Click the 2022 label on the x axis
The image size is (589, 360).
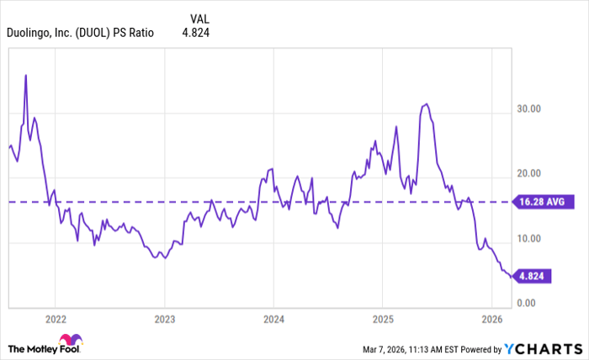[x=55, y=320]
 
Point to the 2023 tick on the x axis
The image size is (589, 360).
[x=164, y=320]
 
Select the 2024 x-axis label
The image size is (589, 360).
[x=273, y=320]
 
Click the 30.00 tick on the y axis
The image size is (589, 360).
[x=529, y=109]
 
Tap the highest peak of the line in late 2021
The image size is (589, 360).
[x=26, y=75]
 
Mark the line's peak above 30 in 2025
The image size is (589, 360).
[x=427, y=104]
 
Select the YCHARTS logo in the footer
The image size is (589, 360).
[x=543, y=348]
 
